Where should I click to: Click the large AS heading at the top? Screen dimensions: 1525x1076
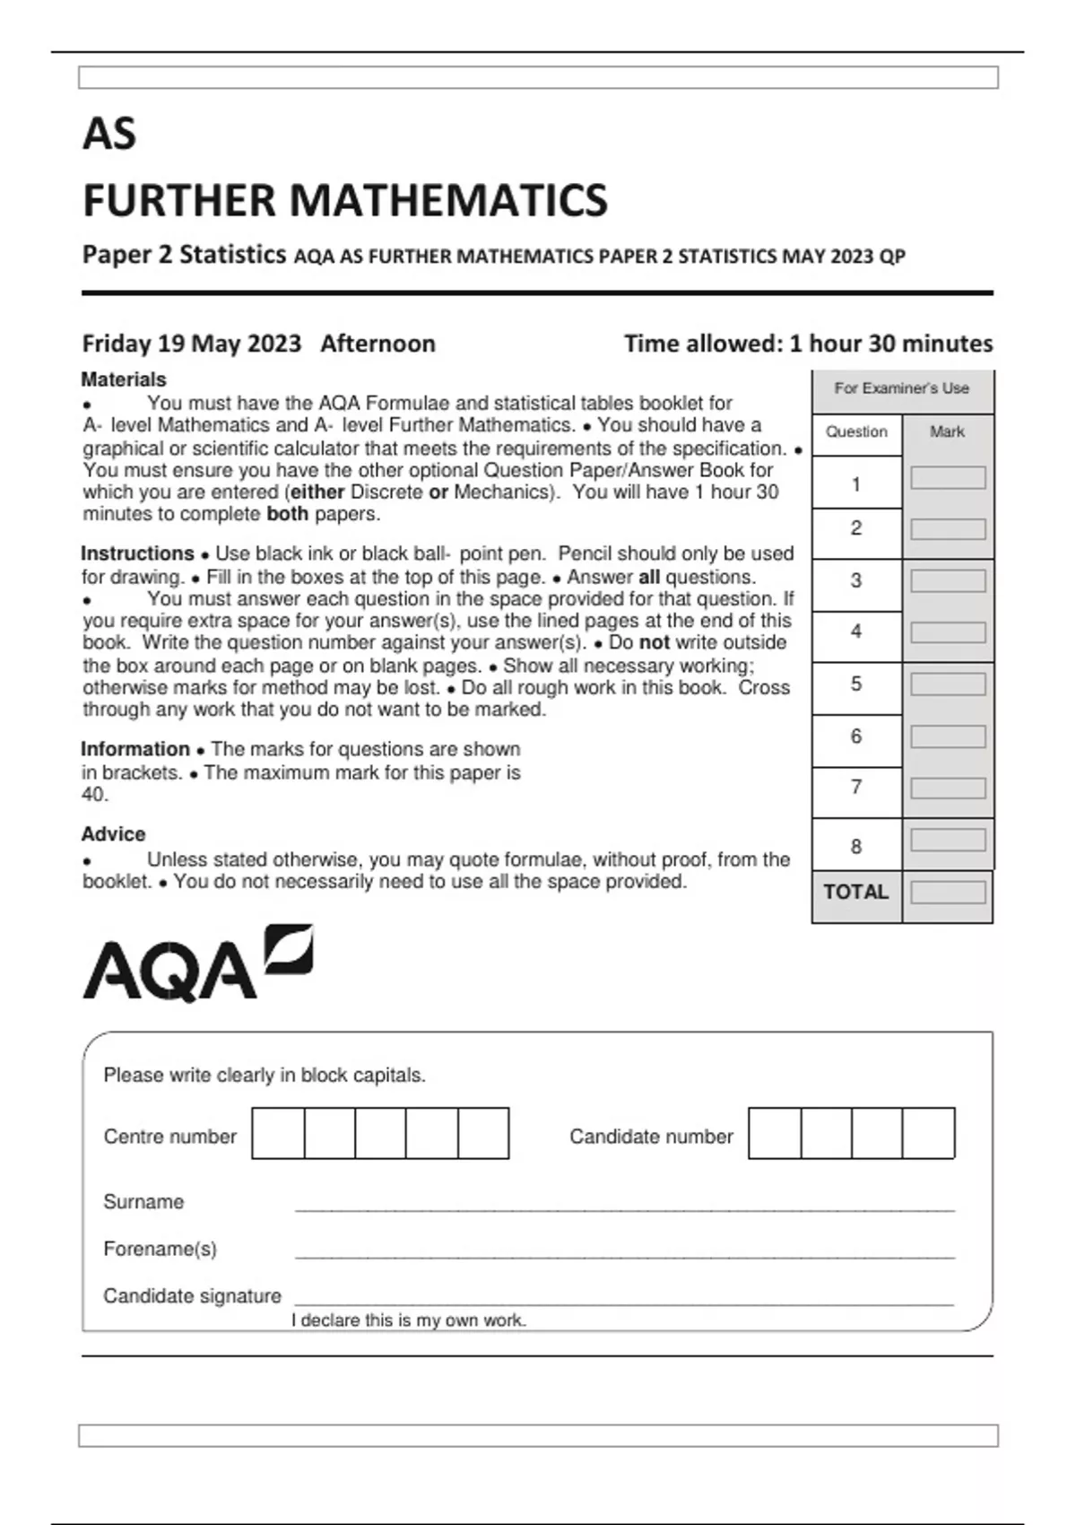tap(109, 135)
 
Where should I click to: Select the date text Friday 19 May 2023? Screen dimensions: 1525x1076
tap(191, 344)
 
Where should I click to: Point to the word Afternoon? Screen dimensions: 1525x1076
tap(377, 344)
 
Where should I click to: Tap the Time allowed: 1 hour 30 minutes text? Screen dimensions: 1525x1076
tap(808, 344)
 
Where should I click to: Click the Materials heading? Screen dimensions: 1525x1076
tap(124, 379)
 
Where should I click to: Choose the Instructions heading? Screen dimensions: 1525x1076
tap(137, 553)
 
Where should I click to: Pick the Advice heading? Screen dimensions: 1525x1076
tap(113, 834)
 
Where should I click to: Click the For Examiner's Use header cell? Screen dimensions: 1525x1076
tap(901, 388)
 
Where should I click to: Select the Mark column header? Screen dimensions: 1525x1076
tap(947, 431)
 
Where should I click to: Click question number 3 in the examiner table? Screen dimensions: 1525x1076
tap(856, 580)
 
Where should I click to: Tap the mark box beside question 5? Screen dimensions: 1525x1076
tap(948, 684)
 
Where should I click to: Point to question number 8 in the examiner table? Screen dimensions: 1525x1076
tap(856, 846)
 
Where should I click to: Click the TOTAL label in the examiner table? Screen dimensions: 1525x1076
tap(855, 892)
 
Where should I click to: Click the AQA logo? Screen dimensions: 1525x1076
tap(197, 964)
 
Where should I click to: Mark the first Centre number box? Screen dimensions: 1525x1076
tap(278, 1133)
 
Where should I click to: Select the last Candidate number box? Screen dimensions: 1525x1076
tap(928, 1133)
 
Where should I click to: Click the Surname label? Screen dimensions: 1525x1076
tap(143, 1202)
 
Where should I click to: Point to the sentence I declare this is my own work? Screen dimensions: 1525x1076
tap(409, 1320)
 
